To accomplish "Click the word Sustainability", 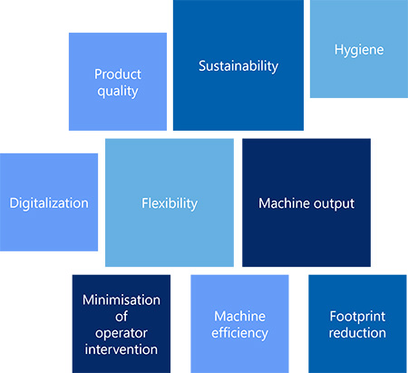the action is [x=238, y=66].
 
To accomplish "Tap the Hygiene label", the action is [x=359, y=50].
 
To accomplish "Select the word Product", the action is [x=118, y=74].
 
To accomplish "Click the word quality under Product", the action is [x=118, y=92].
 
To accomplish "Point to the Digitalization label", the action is [x=49, y=203].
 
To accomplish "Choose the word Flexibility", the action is [x=170, y=203].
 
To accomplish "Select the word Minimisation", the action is [x=121, y=299].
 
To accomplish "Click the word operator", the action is [x=121, y=333].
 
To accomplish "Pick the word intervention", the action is [x=121, y=349].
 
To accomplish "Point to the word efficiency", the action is [x=239, y=333].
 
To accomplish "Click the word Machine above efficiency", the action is [x=239, y=317].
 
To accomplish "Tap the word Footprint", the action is [x=357, y=317].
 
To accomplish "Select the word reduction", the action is [x=357, y=333].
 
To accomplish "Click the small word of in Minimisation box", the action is [x=121, y=317].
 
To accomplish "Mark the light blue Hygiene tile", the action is [x=359, y=49].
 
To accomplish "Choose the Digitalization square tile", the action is [x=49, y=202].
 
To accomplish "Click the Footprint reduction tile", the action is [x=357, y=324].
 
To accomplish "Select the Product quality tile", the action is [x=118, y=82].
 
